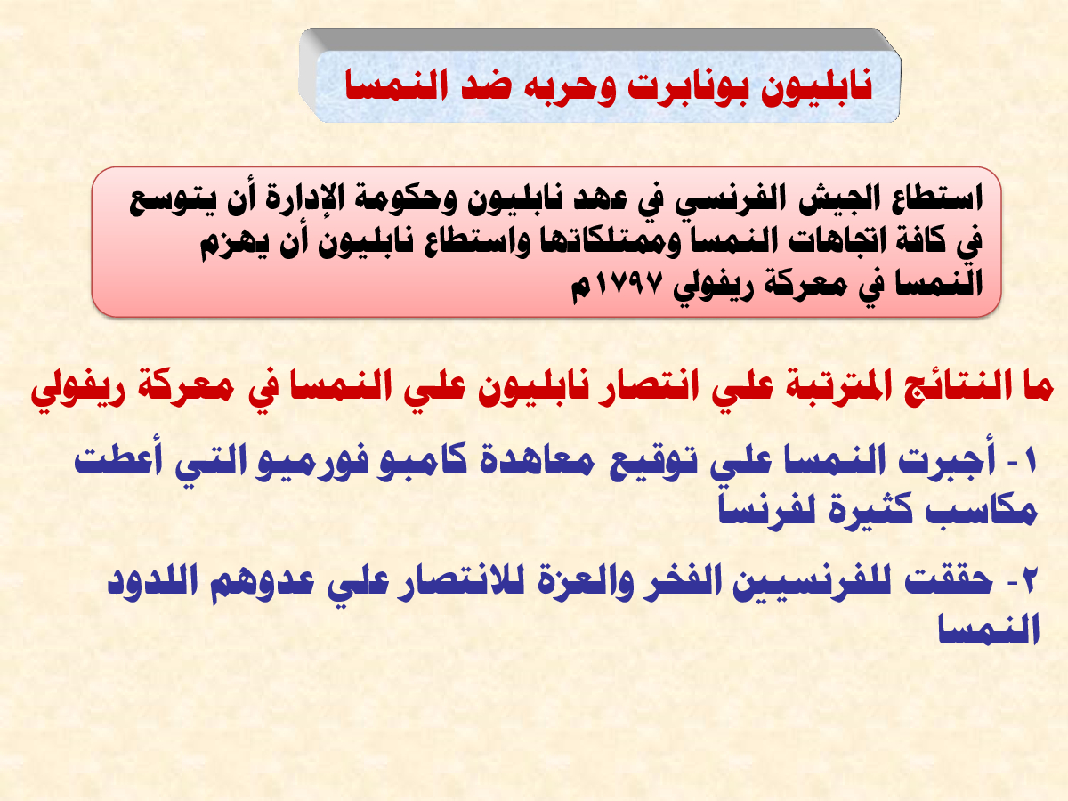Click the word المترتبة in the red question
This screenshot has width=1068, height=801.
pos(832,387)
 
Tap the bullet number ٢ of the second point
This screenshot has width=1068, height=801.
pos(1026,582)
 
